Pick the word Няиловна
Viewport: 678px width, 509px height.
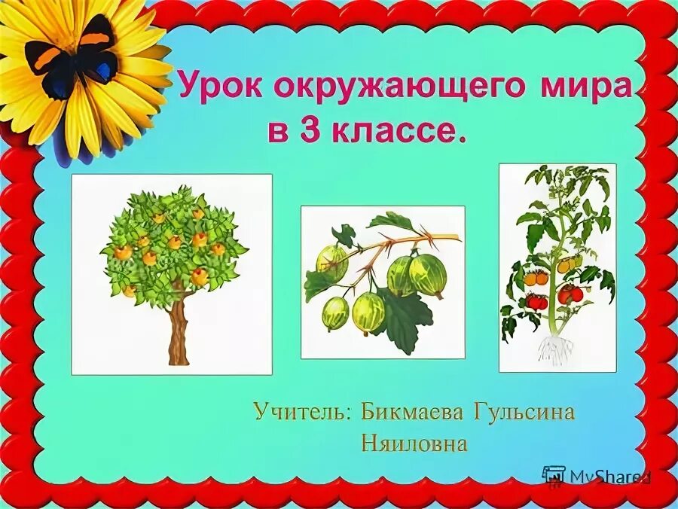coord(414,443)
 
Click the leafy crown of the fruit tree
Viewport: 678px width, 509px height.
coord(173,241)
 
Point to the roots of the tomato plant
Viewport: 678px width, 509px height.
coord(556,349)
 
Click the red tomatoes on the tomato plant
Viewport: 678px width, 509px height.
coord(570,293)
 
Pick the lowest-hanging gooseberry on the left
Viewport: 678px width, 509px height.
coord(335,312)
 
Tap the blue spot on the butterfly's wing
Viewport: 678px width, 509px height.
coord(102,73)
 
